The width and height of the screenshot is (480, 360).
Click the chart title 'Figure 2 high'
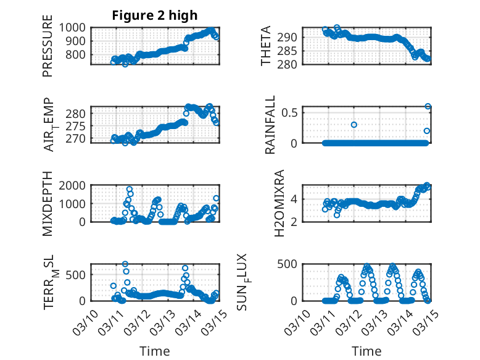pyautogui.click(x=155, y=15)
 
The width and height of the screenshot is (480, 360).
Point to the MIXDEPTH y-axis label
pyautogui.click(x=48, y=204)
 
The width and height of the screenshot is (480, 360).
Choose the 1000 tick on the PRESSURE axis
pyautogui.click(x=73, y=28)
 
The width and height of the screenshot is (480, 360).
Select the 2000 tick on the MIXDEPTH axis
pyautogui.click(x=73, y=185)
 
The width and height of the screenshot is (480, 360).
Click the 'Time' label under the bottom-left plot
pyautogui.click(x=155, y=351)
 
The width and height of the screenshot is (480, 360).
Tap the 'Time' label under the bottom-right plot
pyautogui.click(x=366, y=351)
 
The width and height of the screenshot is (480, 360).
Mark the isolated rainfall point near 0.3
pyautogui.click(x=354, y=125)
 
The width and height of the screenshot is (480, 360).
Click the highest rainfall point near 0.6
pyautogui.click(x=428, y=106)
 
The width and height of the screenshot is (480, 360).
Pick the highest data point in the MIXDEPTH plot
pyautogui.click(x=130, y=189)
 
